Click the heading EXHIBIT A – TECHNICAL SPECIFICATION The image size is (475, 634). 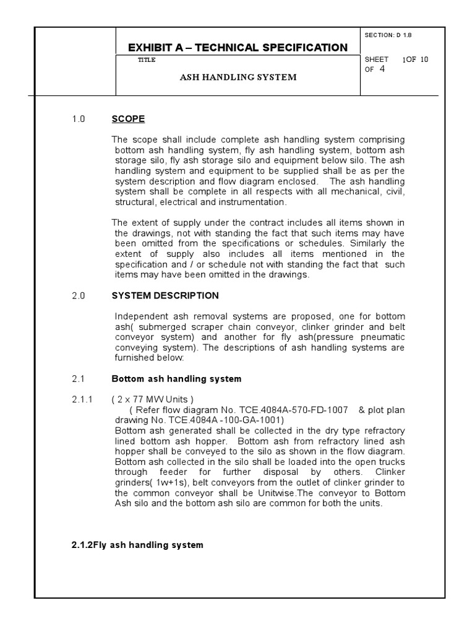[x=237, y=48]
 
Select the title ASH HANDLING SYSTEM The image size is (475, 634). [x=238, y=77]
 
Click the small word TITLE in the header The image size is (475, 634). [x=147, y=60]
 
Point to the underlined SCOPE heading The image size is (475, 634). [x=128, y=119]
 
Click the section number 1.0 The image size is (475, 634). [x=78, y=119]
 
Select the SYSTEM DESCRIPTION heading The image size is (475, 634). [x=165, y=296]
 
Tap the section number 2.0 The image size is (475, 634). [x=78, y=296]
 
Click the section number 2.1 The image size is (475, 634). [x=78, y=379]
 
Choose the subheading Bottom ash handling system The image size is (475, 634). [x=176, y=379]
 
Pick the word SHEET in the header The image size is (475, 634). [x=377, y=59]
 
